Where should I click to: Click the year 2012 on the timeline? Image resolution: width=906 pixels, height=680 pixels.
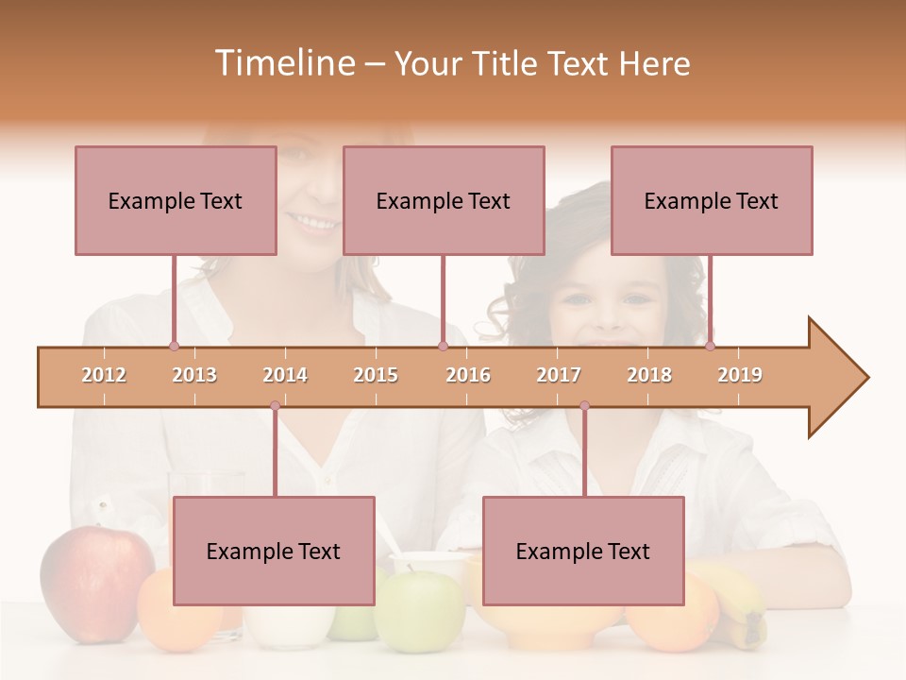click(104, 375)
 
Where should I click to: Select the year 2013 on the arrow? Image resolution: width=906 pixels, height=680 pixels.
click(194, 375)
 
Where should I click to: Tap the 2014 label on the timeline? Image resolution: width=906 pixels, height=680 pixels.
click(285, 375)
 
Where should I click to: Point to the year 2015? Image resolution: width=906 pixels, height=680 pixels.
click(376, 375)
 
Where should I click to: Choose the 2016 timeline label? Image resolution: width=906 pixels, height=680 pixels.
click(468, 375)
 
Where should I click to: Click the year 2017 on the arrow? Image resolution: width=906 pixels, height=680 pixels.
click(559, 375)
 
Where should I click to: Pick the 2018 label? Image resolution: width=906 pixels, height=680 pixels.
click(649, 375)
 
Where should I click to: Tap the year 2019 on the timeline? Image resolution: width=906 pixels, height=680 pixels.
click(740, 375)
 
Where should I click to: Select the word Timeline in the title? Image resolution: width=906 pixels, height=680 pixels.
click(283, 63)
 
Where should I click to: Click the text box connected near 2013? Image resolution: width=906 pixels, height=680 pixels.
click(176, 200)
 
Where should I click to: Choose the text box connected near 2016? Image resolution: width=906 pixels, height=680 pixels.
click(444, 200)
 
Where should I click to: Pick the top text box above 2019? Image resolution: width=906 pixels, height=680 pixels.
click(712, 200)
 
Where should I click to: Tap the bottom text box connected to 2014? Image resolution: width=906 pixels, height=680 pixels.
click(274, 551)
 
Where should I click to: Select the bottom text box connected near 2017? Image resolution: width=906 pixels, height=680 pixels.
click(583, 551)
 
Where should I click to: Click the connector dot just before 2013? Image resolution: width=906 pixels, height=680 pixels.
click(174, 347)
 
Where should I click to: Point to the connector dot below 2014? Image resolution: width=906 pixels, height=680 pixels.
click(275, 406)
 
